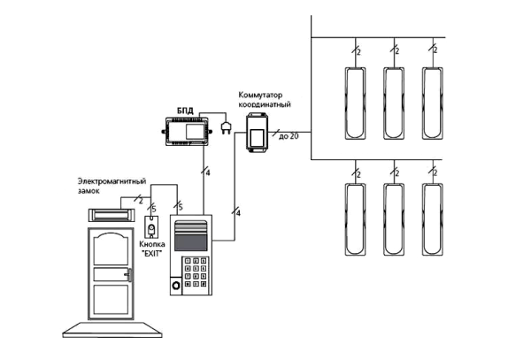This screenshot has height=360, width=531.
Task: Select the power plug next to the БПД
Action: (226, 129)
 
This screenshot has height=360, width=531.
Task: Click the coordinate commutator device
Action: (258, 133)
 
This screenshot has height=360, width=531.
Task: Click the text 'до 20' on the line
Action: (289, 135)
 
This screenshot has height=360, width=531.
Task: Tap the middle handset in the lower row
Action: (392, 217)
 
